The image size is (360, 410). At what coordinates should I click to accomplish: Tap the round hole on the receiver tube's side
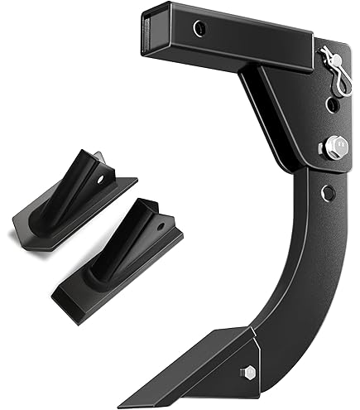[x=198, y=29]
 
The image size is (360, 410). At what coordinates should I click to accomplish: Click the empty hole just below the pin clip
[x=332, y=105]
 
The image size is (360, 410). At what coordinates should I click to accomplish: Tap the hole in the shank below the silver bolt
[x=328, y=192]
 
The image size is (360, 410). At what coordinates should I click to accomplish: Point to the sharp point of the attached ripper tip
[x=123, y=404]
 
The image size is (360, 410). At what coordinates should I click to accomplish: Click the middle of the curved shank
[x=294, y=282]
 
